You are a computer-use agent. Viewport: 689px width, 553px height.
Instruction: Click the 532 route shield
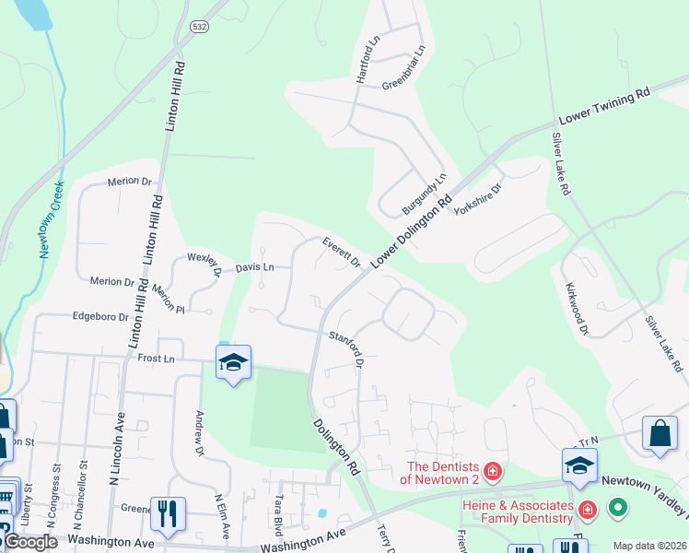(x=200, y=28)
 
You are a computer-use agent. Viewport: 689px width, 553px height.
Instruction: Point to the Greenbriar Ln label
(x=403, y=66)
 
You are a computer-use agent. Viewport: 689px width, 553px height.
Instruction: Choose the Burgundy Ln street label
(x=424, y=194)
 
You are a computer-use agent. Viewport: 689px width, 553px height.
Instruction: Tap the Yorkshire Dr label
(x=477, y=200)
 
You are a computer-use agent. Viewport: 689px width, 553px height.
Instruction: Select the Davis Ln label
(x=255, y=267)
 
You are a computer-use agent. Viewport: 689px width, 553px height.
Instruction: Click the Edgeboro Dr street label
(x=101, y=316)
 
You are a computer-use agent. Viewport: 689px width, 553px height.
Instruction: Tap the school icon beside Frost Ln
(x=234, y=363)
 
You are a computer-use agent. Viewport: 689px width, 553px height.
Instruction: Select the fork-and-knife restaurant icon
(x=168, y=514)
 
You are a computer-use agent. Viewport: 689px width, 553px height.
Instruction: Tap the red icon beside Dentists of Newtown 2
(x=493, y=472)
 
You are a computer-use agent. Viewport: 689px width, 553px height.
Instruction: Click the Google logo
(x=30, y=542)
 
